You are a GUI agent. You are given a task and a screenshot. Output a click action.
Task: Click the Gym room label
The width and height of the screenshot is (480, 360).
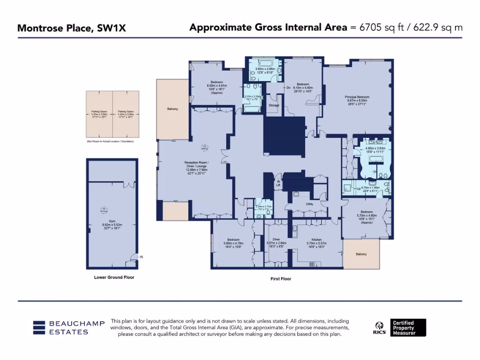click(x=112, y=220)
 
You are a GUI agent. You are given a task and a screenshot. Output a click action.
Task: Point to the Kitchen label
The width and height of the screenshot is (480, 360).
click(x=316, y=239)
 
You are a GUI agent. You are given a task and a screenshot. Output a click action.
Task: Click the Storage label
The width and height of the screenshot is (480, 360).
click(x=274, y=105)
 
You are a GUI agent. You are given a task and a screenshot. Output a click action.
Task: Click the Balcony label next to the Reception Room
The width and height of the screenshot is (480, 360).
click(x=172, y=109)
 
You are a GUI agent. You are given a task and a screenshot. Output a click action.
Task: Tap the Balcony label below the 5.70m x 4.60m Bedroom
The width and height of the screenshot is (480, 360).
click(x=361, y=254)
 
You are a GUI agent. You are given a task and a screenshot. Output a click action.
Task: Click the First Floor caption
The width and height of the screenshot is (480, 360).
click(x=281, y=279)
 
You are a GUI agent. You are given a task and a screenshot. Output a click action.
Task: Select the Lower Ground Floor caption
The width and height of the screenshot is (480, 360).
click(x=114, y=277)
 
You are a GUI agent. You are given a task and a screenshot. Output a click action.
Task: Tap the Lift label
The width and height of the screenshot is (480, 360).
click(x=278, y=184)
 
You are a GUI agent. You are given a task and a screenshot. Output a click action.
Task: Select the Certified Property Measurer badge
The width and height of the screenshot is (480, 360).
click(x=409, y=327)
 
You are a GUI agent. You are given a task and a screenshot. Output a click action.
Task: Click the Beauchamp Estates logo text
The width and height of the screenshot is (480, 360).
click(x=68, y=328)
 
